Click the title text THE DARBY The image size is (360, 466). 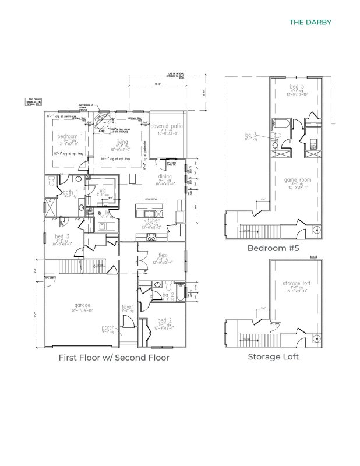tap(310, 23)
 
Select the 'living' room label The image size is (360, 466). tap(122, 142)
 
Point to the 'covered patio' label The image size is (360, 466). tap(167, 126)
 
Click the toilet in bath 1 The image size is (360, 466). tap(52, 182)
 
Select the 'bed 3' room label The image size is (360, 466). tap(59, 236)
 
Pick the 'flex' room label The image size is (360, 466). tap(163, 255)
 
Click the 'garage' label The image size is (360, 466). tap(82, 305)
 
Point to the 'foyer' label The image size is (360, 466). tap(128, 306)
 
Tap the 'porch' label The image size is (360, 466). tap(108, 328)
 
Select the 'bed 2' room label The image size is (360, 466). tap(165, 321)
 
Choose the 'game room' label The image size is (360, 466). tap(297, 180)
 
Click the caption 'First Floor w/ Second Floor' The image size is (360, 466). tap(114, 357)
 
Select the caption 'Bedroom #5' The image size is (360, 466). tap(273, 248)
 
